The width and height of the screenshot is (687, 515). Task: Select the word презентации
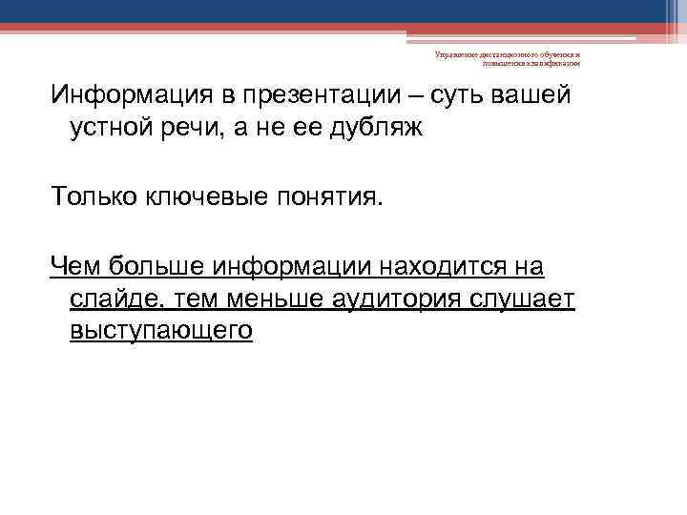pos(322,96)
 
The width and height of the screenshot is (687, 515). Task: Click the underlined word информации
pos(293,264)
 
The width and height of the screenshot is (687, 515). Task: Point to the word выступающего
pos(161,331)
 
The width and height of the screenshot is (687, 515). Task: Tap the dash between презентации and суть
pos(420,96)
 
